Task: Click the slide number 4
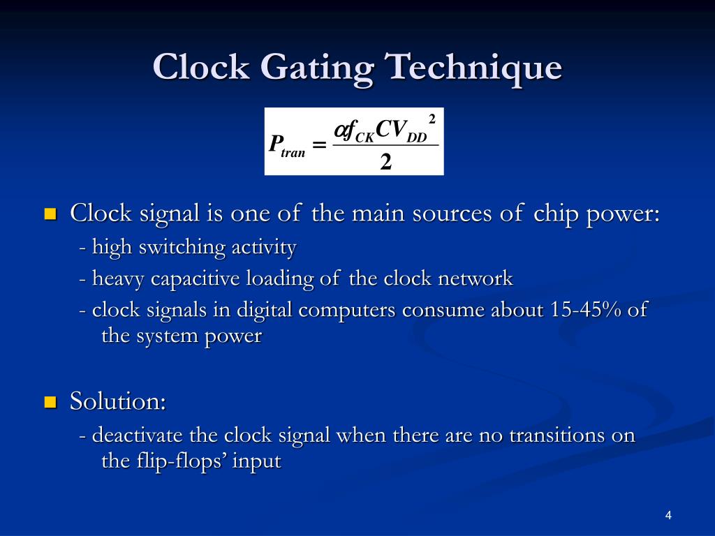click(668, 516)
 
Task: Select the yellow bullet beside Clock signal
click(50, 214)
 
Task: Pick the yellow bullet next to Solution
click(50, 402)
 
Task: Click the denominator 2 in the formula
click(385, 162)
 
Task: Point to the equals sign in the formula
click(319, 145)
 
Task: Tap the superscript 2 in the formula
click(432, 119)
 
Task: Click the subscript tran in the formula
click(293, 152)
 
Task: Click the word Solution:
click(117, 401)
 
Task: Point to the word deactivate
click(138, 435)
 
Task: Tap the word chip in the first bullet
click(556, 213)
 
